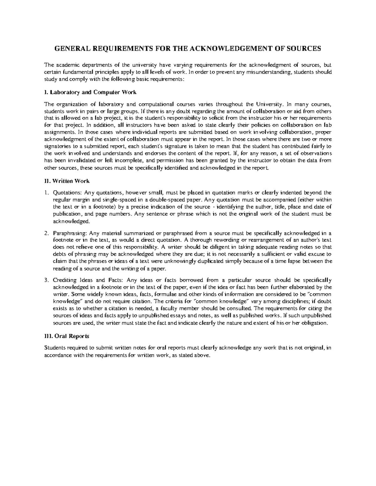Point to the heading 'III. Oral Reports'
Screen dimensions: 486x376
click(x=67, y=336)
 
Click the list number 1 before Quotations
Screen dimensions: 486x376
click(x=46, y=193)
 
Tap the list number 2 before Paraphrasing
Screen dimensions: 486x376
click(x=46, y=233)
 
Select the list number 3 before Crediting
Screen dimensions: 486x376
click(x=46, y=280)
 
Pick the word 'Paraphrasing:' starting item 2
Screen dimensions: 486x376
click(x=70, y=233)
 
